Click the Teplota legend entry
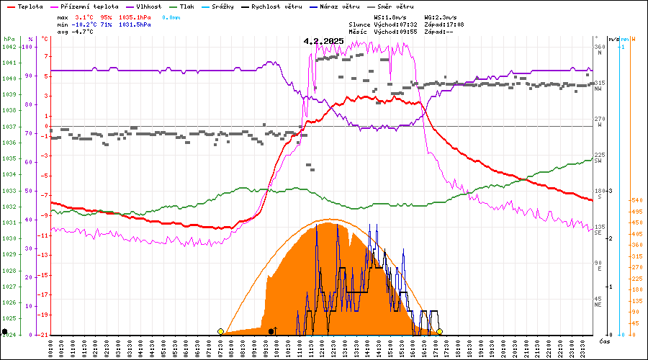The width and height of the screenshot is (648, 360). coord(30,6)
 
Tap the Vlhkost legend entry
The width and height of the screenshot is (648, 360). coord(157,6)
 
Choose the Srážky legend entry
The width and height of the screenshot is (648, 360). coord(235,6)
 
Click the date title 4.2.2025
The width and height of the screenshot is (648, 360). coord(324,41)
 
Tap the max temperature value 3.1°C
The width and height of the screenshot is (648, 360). coord(84,16)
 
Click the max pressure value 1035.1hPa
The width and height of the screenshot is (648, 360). coord(135,16)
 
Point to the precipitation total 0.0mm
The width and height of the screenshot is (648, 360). coord(171,16)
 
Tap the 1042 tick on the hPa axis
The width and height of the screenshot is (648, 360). coord(9,47)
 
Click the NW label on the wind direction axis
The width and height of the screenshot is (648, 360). coord(598,89)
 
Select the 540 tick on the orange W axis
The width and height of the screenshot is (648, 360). coord(636,200)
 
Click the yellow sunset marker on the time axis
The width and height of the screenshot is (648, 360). coord(439,331)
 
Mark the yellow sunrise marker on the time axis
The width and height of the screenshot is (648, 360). coord(220,331)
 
